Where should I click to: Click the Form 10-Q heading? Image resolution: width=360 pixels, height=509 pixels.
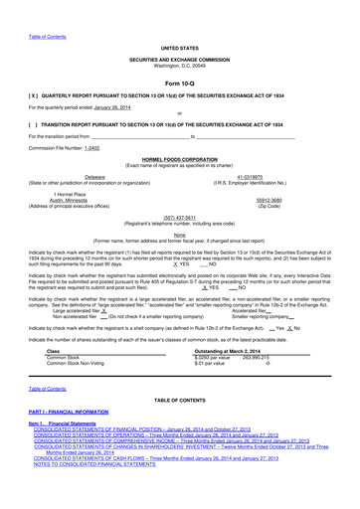pyautogui.click(x=179, y=84)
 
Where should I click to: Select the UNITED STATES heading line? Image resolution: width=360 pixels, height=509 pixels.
pyautogui.click(x=179, y=48)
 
